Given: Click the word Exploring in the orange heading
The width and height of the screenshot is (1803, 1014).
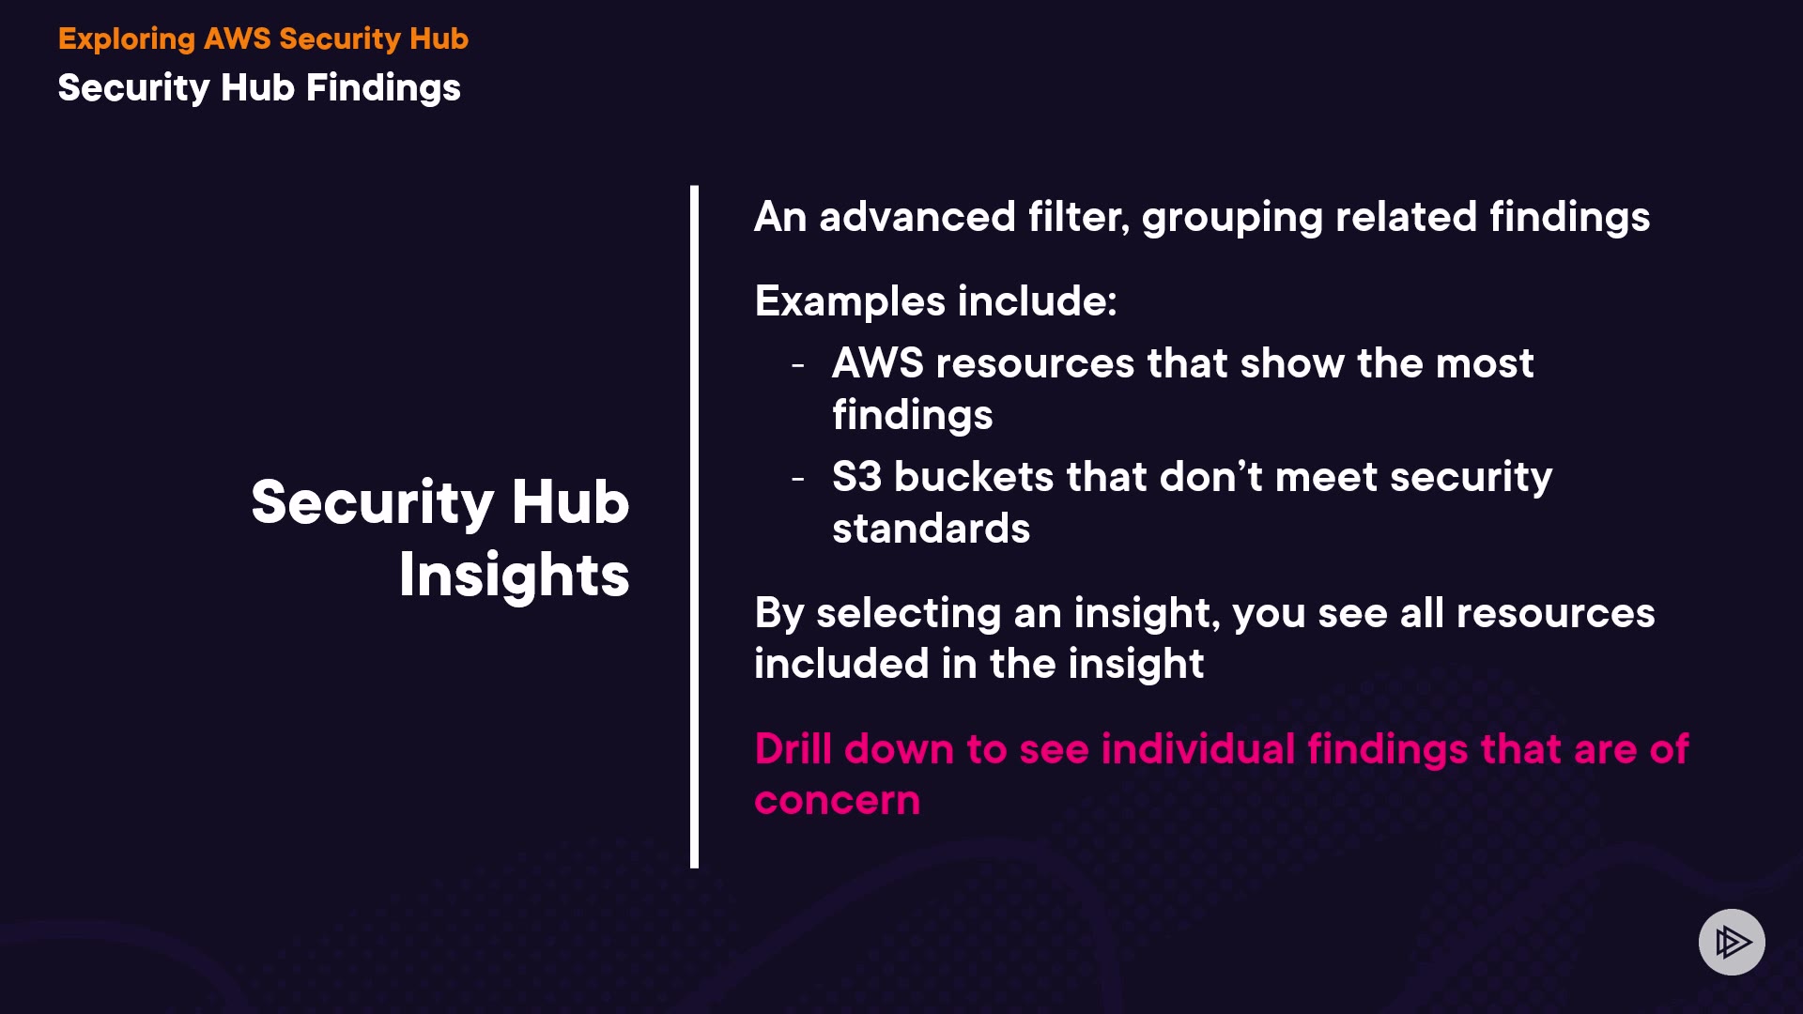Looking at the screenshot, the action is [x=127, y=39].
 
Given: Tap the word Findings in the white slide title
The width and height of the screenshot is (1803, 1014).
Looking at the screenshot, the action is [x=383, y=88].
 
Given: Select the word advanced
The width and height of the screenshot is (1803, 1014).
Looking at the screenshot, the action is [x=917, y=217].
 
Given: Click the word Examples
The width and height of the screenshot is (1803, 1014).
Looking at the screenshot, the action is [x=850, y=302].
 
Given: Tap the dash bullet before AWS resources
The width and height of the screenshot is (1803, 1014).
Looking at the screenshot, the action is [x=798, y=364].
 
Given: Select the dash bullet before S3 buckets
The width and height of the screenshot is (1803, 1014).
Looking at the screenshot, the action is [x=798, y=479].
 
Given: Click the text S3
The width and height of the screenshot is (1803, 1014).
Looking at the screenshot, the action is [x=856, y=477].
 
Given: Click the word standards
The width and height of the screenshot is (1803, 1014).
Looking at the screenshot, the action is [x=931, y=529].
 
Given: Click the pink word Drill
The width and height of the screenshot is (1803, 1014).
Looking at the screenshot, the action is [x=794, y=749].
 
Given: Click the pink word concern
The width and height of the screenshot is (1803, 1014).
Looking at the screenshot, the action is [x=837, y=801].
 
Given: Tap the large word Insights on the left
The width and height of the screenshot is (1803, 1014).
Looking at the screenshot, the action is [x=515, y=575].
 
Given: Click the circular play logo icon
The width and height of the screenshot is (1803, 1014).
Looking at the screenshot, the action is [x=1732, y=942].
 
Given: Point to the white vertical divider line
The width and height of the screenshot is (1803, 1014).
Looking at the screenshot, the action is [x=694, y=527].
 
